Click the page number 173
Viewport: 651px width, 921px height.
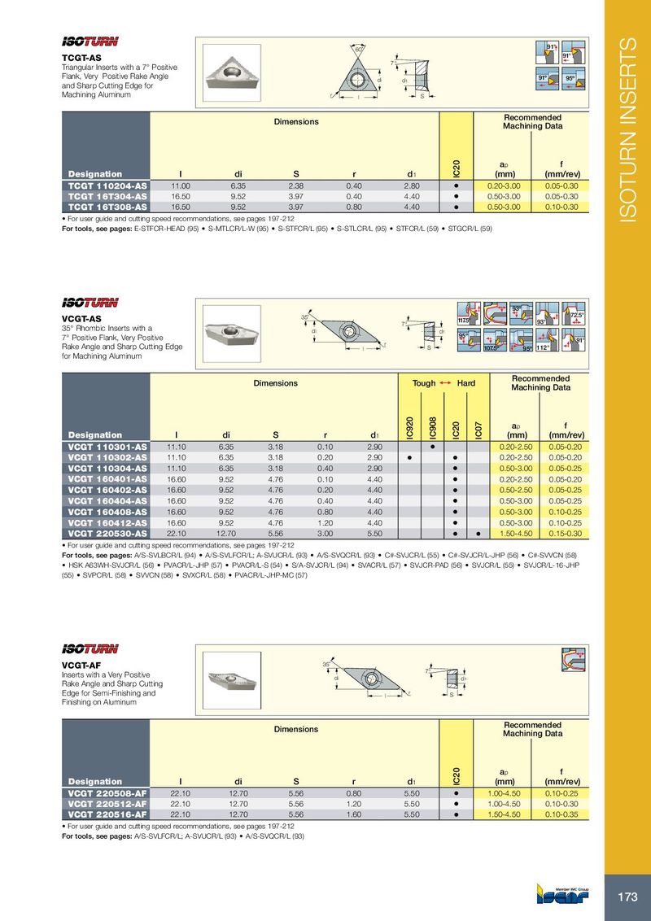pos(627,897)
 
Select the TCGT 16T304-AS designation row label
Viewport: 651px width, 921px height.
pos(107,197)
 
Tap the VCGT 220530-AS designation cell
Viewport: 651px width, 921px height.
pos(107,534)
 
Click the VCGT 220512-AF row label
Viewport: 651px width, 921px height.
pos(107,803)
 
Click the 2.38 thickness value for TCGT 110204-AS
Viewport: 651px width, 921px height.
pos(296,186)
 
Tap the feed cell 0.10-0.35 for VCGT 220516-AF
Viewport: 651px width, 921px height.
pos(561,814)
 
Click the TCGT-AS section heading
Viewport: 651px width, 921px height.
pos(82,58)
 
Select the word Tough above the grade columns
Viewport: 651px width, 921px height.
pos(424,382)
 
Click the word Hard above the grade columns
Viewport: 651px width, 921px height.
pos(465,382)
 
